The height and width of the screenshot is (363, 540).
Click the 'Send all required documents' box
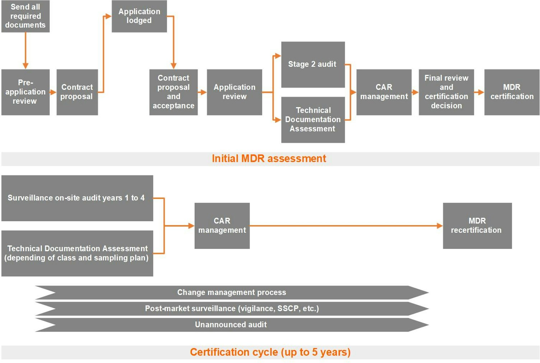tap(25, 16)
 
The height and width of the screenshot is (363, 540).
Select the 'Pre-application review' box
tap(25, 92)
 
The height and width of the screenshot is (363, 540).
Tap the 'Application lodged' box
tap(139, 16)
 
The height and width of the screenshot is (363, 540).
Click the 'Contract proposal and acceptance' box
tap(173, 92)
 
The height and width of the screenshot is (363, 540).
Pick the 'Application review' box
tap(234, 92)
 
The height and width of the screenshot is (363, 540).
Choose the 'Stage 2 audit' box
tap(313, 64)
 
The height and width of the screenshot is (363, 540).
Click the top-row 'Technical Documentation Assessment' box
tap(313, 119)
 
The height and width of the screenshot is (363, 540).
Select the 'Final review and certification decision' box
tap(446, 92)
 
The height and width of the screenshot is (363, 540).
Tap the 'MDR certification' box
tap(512, 92)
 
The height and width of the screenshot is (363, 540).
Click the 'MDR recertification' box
tap(477, 226)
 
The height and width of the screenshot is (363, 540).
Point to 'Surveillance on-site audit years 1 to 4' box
tap(77, 198)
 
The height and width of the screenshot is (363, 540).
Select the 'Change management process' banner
tap(232, 293)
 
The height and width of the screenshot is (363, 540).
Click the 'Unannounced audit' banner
tap(232, 325)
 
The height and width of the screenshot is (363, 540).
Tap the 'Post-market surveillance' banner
tap(232, 308)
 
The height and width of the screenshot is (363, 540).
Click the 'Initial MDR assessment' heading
tap(269, 158)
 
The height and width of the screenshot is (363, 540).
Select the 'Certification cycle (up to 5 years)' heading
tap(270, 352)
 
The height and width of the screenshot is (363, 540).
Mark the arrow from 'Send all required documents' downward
tap(25, 50)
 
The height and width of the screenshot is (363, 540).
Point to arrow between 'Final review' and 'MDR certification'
tap(479, 92)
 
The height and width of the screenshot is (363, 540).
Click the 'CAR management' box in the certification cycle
tap(222, 226)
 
